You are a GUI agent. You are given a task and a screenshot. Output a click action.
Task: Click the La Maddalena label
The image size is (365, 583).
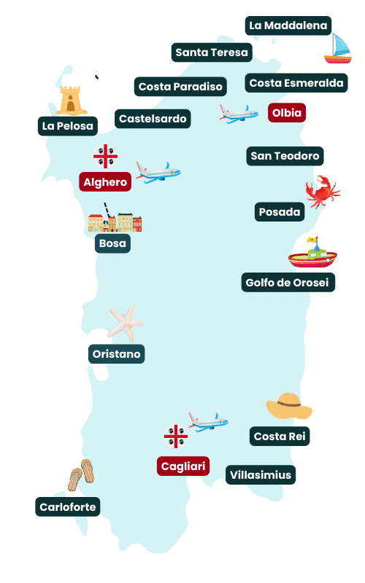coord(288,26)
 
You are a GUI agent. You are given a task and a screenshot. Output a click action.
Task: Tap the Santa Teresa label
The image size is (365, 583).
coord(212,52)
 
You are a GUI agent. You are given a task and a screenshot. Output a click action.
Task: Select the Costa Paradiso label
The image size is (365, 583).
coord(180,87)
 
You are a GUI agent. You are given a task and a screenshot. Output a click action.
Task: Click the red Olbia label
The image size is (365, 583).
coord(286,113)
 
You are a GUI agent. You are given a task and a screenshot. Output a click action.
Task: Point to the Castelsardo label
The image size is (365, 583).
coord(153,118)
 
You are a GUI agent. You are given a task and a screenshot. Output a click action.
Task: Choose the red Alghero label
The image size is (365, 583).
coord(105,182)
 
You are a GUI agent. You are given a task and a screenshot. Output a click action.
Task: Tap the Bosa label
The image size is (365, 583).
coord(112,243)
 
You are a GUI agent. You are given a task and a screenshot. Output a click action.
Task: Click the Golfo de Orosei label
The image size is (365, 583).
coord(288,282)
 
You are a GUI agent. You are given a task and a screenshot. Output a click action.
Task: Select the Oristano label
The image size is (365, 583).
coord(117,354)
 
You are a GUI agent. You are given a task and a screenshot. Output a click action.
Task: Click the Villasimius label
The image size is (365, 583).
coord(260,475)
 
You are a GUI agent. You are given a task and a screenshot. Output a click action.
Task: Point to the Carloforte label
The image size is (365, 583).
coord(68,506)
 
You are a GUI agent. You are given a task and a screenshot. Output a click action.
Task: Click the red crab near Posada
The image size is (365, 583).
coord(322,190)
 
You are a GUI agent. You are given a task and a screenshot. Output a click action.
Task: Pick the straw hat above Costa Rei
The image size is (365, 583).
coord(289,406)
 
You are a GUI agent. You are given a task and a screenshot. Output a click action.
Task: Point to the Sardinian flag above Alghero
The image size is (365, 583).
coord(105,156)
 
